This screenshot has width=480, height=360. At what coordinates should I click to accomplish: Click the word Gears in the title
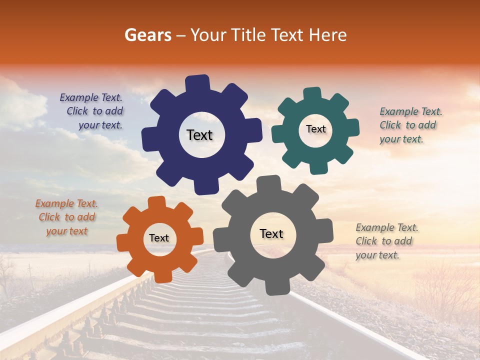(147, 35)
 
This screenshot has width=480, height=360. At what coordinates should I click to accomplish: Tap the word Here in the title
(328, 35)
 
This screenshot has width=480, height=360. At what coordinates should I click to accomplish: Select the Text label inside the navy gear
(200, 135)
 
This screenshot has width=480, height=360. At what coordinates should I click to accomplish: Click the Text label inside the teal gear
(316, 129)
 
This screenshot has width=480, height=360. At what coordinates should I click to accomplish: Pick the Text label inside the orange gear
(159, 238)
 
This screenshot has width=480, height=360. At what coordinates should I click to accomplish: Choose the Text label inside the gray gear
(271, 234)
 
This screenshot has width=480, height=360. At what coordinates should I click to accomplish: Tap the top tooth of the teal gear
(312, 94)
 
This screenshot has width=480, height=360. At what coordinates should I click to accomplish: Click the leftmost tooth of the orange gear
(123, 242)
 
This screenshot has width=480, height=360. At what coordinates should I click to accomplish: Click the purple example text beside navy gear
(92, 111)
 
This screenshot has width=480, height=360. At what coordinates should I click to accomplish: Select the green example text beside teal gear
(410, 125)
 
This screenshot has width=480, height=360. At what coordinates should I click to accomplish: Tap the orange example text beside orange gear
(66, 217)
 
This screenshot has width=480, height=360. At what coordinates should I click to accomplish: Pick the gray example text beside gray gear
(386, 241)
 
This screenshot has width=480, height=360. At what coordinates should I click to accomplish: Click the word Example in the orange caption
(54, 204)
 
